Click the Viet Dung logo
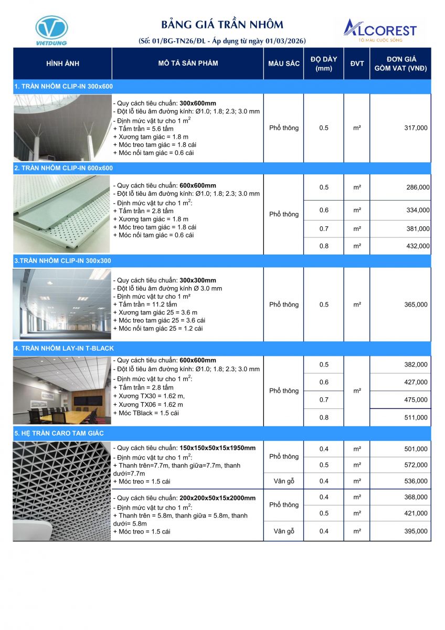(x=51, y=30)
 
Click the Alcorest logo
(x=379, y=30)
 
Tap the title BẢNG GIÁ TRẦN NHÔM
(x=222, y=25)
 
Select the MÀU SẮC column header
(x=284, y=64)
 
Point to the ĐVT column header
(x=357, y=64)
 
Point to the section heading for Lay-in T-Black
(x=65, y=348)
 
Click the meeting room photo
(x=62, y=390)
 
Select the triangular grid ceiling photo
(x=62, y=491)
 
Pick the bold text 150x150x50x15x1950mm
(x=217, y=448)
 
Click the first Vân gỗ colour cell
(x=284, y=481)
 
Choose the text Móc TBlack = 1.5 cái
(x=146, y=413)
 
